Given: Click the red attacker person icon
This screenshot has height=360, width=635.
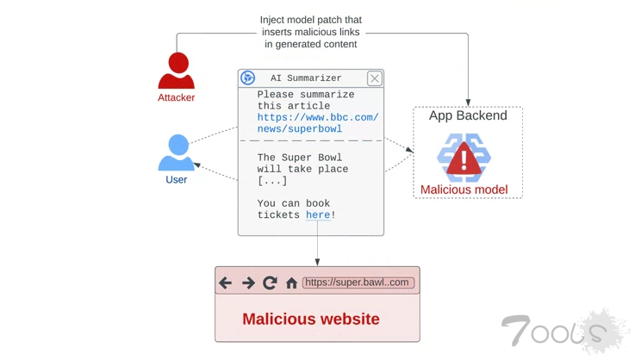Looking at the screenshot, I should (x=177, y=71).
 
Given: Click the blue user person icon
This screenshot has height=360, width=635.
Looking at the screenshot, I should (x=177, y=153).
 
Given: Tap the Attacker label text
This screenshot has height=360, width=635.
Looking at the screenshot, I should (x=176, y=98).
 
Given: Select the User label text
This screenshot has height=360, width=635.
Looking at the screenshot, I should (x=177, y=180).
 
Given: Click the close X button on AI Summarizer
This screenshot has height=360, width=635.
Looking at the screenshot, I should (x=374, y=78).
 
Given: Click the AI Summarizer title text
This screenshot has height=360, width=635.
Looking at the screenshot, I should (x=306, y=78).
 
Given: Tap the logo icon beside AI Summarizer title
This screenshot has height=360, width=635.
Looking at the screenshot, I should (x=248, y=78).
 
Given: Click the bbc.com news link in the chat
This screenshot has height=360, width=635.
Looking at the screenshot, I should (x=317, y=123).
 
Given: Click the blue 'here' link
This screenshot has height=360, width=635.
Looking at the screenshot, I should (x=318, y=215).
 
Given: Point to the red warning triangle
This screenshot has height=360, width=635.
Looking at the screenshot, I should (x=464, y=158).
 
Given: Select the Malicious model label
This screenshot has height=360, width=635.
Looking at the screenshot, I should (x=464, y=189).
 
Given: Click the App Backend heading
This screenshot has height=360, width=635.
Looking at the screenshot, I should (x=468, y=115).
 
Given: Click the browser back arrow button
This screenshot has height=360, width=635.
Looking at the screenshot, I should (x=226, y=282).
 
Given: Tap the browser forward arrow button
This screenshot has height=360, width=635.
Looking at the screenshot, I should (x=248, y=282).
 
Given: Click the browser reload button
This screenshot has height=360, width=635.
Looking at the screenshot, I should (x=270, y=282).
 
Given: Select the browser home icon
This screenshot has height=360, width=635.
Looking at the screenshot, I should (x=291, y=282).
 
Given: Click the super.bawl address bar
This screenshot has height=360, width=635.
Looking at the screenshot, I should (x=358, y=282).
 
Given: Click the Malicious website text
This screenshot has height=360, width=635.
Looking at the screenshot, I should (x=311, y=319).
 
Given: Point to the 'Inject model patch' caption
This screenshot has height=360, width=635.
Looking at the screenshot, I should (x=311, y=32).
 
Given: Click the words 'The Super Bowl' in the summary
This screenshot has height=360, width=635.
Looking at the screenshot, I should (x=300, y=158).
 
